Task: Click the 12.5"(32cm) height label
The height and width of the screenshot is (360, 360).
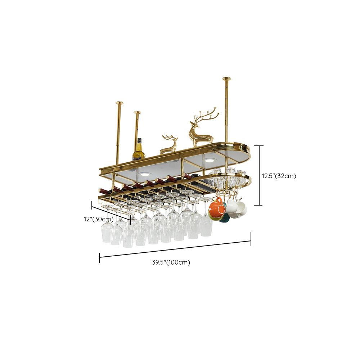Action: (x=279, y=176)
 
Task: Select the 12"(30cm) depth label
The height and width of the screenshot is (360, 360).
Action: (x=99, y=219)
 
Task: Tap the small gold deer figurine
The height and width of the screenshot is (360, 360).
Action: (x=169, y=144)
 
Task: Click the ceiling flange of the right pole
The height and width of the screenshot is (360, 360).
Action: (x=226, y=78)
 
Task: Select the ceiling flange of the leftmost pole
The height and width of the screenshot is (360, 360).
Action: (x=119, y=103)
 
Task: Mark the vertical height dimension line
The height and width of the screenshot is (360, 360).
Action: (x=258, y=175)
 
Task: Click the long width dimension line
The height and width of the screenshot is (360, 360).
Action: (x=175, y=249)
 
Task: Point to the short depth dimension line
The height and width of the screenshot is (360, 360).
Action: (x=111, y=212)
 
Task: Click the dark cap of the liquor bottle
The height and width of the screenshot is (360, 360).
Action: (x=139, y=140)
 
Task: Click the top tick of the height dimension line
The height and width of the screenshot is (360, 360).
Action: (x=258, y=146)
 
